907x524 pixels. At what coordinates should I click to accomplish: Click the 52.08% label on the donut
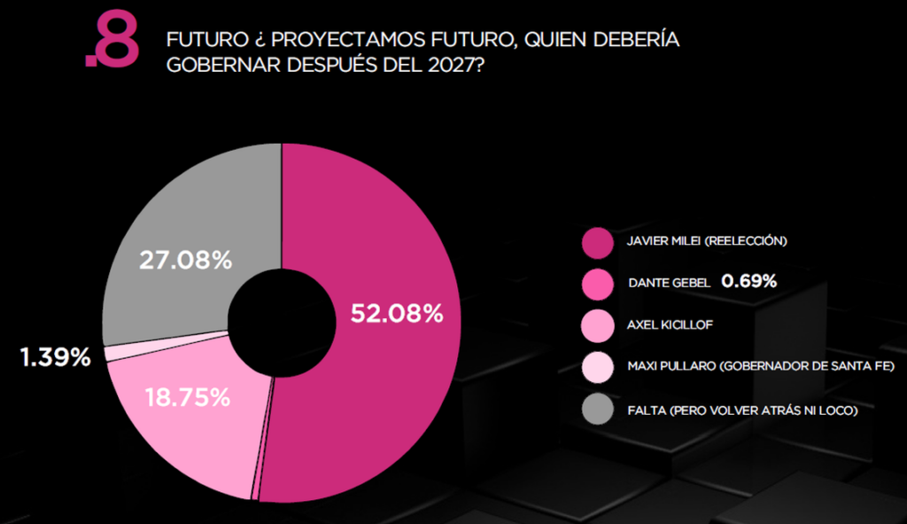[x=397, y=314]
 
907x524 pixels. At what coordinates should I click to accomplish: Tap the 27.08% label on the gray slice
[x=186, y=261]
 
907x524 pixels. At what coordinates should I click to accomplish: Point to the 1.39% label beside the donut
[x=55, y=358]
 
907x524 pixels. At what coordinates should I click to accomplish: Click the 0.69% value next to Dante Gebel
[x=748, y=282]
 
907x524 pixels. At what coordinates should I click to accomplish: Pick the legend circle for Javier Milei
[x=598, y=241]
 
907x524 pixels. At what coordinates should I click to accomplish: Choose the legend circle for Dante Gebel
[x=598, y=283]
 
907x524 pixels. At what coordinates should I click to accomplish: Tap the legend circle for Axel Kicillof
[x=598, y=325]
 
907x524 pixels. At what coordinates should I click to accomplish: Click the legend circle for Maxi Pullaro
[x=598, y=367]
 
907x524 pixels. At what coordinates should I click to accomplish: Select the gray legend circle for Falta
[x=598, y=409]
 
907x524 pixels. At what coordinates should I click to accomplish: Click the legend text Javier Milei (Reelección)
[x=707, y=241]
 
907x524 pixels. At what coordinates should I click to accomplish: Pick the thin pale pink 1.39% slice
[x=111, y=353]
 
